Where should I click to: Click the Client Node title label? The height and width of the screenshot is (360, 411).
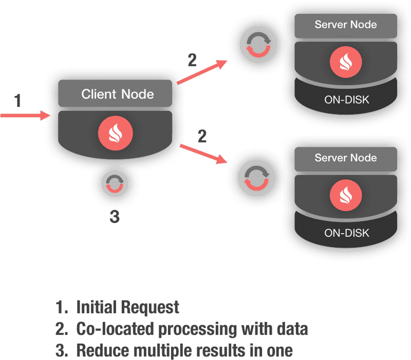click(118, 94)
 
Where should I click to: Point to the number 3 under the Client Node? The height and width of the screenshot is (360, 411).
click(115, 217)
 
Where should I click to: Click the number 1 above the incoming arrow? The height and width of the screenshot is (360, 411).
click(17, 101)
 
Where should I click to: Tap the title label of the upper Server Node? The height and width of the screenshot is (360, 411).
click(345, 24)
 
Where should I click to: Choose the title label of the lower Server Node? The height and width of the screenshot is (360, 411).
click(345, 158)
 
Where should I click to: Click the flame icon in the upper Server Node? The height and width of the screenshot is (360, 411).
click(345, 61)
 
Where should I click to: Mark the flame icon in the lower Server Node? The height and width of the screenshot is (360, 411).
click(345, 194)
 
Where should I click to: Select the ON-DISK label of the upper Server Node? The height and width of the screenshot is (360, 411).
click(346, 99)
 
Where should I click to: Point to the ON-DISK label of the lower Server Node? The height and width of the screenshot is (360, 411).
click(346, 233)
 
